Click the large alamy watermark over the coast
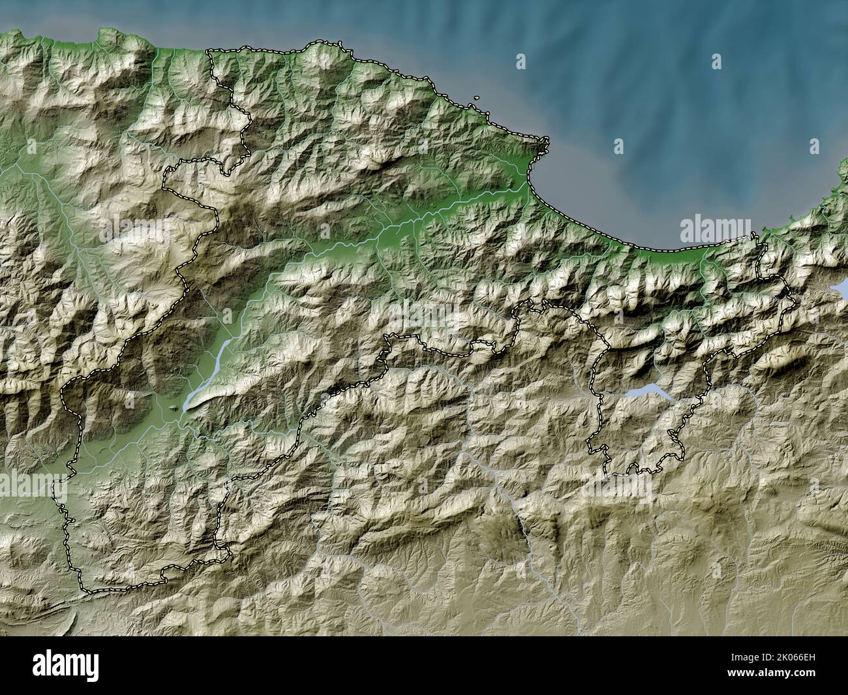tap(715, 231)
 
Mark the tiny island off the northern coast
tap(477, 99)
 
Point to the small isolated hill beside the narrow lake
tap(172, 407)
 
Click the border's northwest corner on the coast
tap(209, 52)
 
